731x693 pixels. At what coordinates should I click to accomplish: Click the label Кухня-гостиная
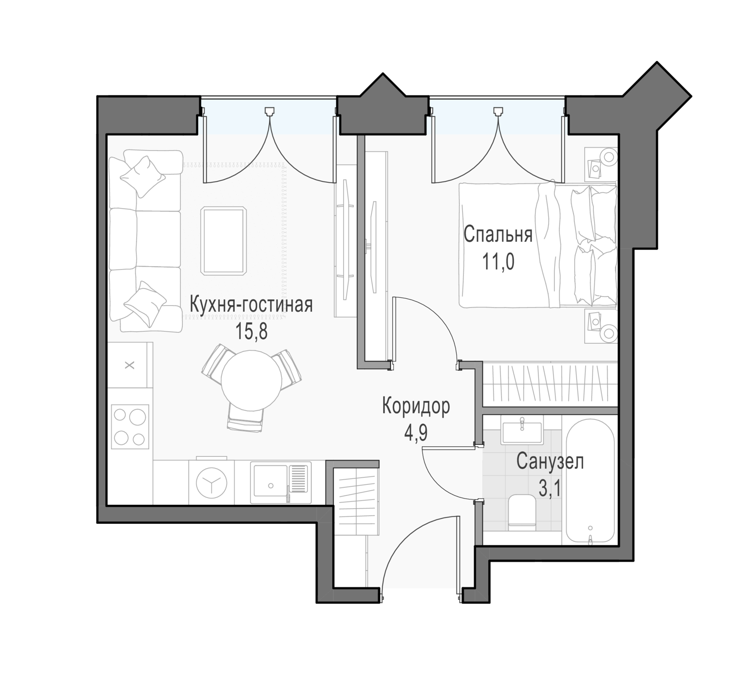[x=251, y=304]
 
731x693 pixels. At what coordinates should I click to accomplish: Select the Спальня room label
[x=498, y=235]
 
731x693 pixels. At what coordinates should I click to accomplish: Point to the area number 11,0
[x=498, y=262]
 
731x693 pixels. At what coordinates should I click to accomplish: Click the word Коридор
[x=416, y=406]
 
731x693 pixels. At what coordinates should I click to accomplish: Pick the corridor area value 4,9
[x=416, y=433]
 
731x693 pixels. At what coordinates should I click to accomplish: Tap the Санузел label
[x=550, y=462]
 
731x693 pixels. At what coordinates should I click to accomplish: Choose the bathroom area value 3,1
[x=550, y=488]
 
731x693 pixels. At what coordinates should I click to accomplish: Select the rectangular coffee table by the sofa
[x=224, y=241]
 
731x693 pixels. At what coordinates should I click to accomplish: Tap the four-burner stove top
[x=130, y=426]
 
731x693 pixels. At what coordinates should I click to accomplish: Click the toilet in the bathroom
[x=522, y=512]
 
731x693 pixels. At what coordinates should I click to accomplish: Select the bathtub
[x=590, y=481]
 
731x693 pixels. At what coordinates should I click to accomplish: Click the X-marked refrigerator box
[x=130, y=365]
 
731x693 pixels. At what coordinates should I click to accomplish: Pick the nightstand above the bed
[x=600, y=164]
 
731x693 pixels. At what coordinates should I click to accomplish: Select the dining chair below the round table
[x=246, y=418]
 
